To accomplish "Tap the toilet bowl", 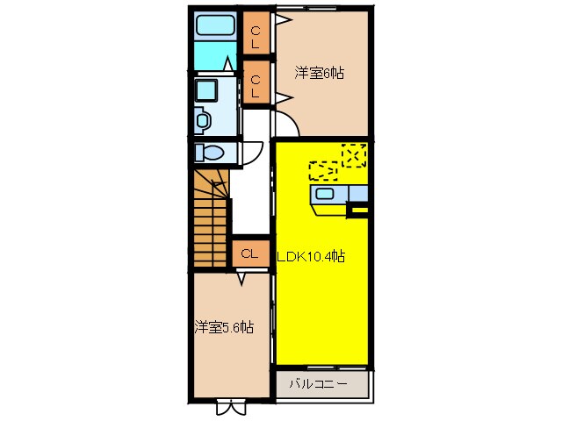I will point(211,152).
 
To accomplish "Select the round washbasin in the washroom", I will point(203,118).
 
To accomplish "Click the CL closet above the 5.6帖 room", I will point(249,253).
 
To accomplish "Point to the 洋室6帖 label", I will point(319,74).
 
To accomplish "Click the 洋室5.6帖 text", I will point(224,327).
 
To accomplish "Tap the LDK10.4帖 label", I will point(312,257).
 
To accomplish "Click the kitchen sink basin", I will point(324,194).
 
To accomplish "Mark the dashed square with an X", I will point(354,155).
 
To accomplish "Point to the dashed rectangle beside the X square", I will point(322,169).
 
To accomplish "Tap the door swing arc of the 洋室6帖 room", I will point(290,127).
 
